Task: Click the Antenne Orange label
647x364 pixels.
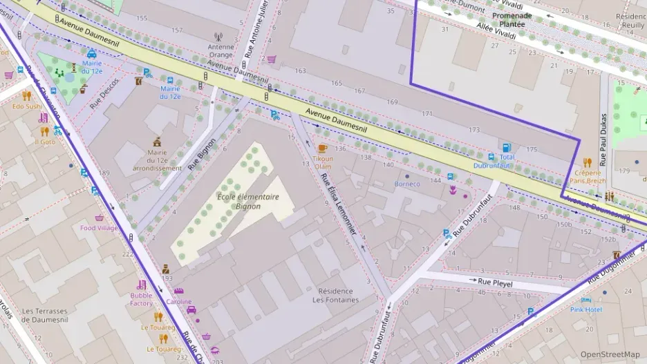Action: [x=221, y=50]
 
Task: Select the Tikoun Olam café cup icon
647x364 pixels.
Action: [x=322, y=149]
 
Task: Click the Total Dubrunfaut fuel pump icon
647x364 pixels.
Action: [x=507, y=148]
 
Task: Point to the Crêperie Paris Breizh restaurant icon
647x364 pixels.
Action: [x=588, y=163]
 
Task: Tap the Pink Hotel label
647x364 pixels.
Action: [x=585, y=309]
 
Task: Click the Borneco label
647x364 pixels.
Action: [x=407, y=184]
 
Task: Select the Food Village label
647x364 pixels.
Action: [x=99, y=228]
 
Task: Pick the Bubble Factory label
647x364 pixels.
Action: [x=141, y=299]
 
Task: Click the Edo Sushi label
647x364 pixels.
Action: [x=27, y=106]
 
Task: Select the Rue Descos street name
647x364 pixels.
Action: [x=104, y=93]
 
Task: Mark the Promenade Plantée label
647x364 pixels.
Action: [x=512, y=19]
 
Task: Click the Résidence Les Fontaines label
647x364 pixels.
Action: [x=335, y=295]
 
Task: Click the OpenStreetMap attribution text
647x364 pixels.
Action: [x=610, y=354]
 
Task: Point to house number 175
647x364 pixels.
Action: [x=531, y=149]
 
